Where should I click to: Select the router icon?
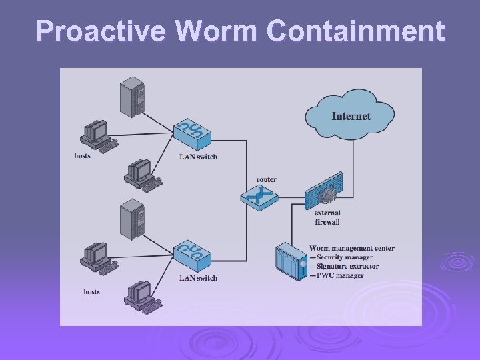(258, 196)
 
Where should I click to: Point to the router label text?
(266, 179)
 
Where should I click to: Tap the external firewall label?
(327, 217)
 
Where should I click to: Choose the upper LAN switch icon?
(191, 135)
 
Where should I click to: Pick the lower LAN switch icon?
(191, 255)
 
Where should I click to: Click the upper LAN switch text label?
(198, 157)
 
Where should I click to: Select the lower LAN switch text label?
(198, 278)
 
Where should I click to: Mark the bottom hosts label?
(92, 291)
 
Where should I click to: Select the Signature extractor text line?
(347, 267)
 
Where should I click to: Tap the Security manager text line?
(344, 257)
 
